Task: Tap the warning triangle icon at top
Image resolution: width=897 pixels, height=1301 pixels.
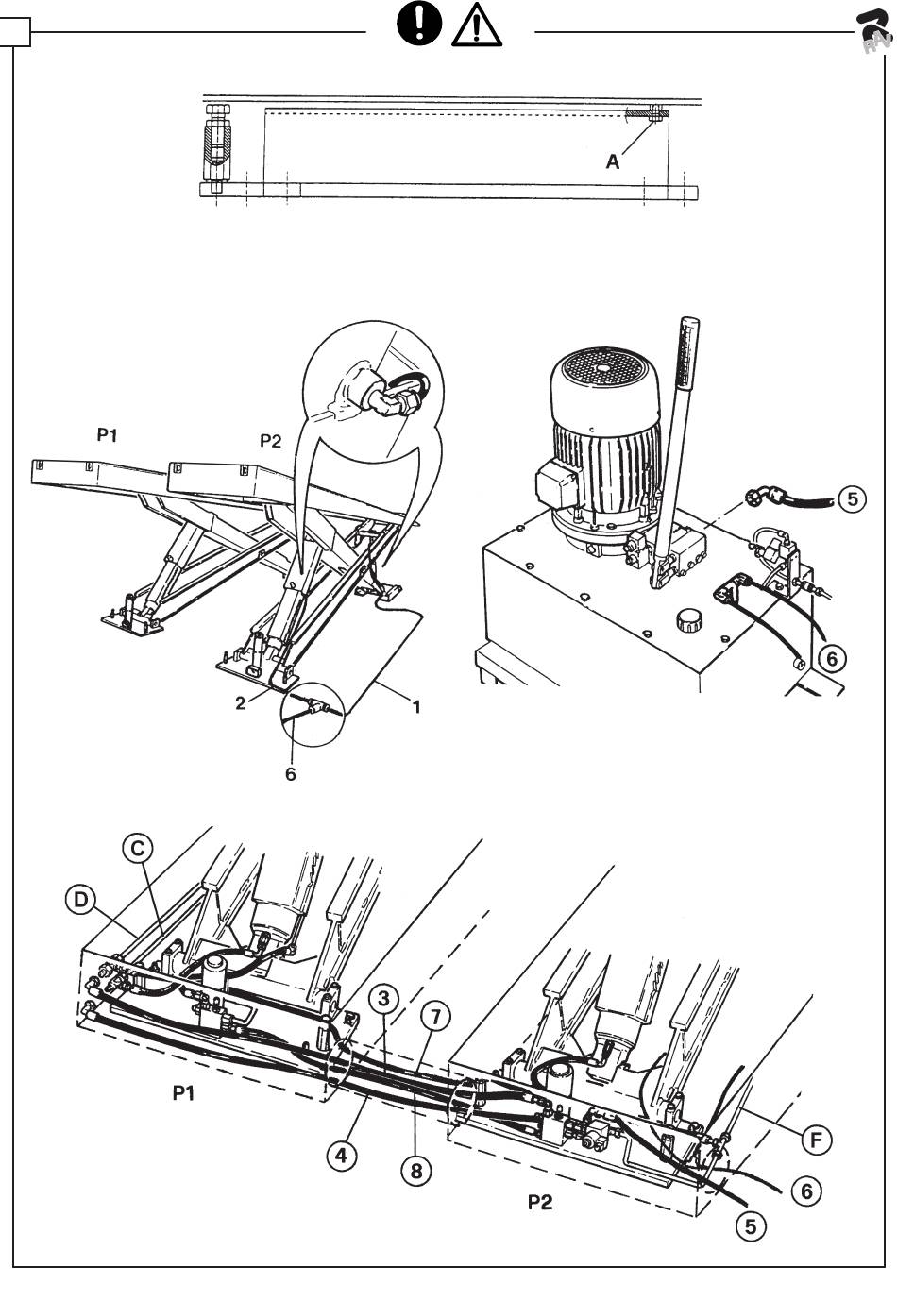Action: tap(478, 26)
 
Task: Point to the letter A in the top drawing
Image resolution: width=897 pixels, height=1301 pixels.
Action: tap(613, 162)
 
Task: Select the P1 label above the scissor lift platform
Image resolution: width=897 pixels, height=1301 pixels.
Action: tap(108, 435)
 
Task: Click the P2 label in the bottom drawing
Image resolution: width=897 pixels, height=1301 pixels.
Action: tap(540, 1203)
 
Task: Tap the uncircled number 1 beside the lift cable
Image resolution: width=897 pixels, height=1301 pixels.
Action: tap(416, 705)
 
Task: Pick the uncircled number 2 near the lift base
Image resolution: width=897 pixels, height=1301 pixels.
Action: tap(242, 703)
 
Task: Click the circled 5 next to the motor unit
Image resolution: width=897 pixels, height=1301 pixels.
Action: tap(852, 498)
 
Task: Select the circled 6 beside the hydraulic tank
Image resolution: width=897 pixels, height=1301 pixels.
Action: tap(831, 658)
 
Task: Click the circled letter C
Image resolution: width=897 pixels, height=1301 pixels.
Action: tap(138, 849)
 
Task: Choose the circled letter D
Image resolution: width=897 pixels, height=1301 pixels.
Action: tap(80, 900)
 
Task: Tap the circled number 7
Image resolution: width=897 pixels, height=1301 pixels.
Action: tap(435, 1016)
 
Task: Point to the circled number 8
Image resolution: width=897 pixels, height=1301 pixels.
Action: tap(415, 1171)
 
